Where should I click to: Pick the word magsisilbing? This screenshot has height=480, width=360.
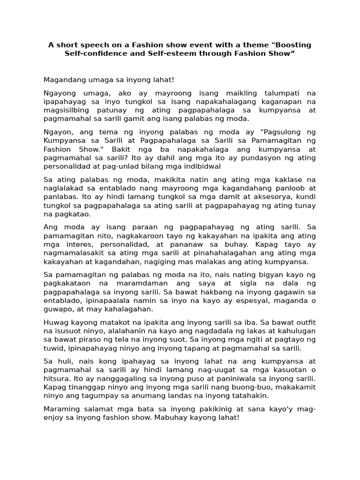(x=66, y=110)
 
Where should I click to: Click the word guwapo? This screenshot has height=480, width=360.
(x=57, y=309)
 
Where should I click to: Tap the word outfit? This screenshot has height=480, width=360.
(x=305, y=323)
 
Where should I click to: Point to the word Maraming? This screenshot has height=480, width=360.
(x=60, y=409)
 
